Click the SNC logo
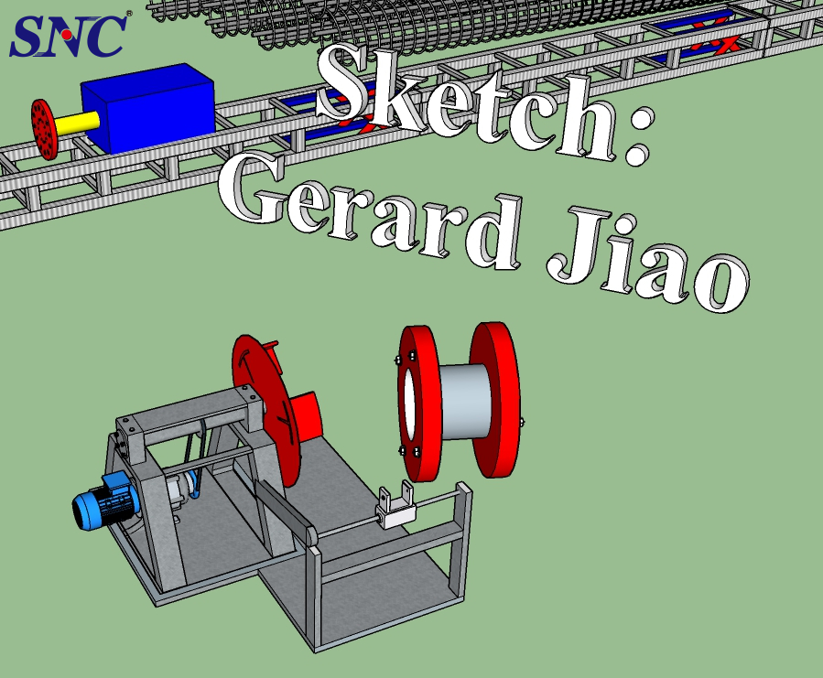point(69,34)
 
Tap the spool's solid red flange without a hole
point(495,399)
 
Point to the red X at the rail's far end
point(729,44)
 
